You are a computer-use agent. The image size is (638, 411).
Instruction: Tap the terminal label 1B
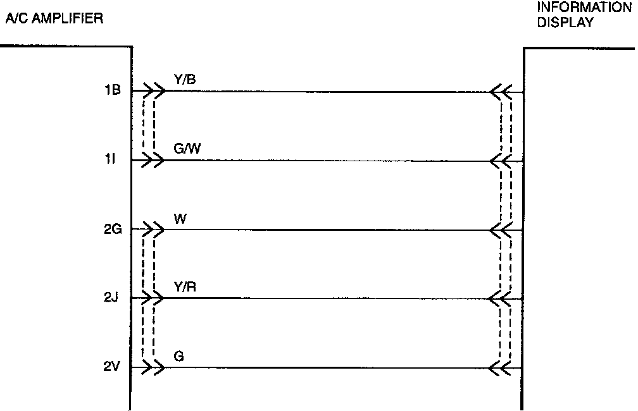113,90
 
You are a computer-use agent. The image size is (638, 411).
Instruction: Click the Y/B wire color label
184,79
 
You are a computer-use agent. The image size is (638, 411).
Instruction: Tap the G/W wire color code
187,149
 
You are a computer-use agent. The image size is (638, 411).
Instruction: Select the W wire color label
179,219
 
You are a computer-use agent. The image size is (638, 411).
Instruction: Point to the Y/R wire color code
184,287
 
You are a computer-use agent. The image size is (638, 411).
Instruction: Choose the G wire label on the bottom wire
178,356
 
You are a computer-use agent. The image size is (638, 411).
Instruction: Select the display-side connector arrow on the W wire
501,230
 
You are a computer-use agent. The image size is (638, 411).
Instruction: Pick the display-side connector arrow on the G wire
501,367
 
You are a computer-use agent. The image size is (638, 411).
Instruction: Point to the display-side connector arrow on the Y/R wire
501,298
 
